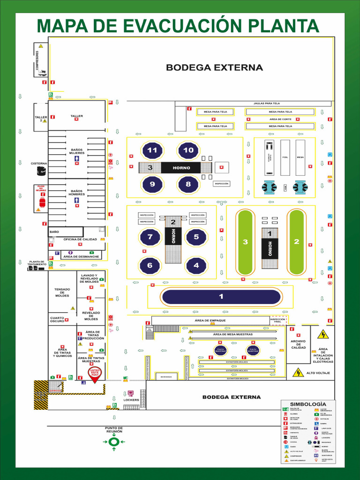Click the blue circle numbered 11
tap(152, 150)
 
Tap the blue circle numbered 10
tap(188, 150)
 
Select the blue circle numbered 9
tap(152, 184)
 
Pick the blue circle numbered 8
tap(188, 184)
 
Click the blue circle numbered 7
tap(150, 237)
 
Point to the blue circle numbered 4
tap(196, 265)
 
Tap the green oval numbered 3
tap(245, 242)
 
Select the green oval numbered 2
tap(296, 242)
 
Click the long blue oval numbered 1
tap(221, 297)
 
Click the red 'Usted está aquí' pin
tap(95, 374)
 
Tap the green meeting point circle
tap(114, 442)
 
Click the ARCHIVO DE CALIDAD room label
tap(299, 345)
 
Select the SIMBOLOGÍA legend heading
tap(307, 404)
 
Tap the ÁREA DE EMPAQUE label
tap(210, 321)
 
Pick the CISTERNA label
tap(39, 163)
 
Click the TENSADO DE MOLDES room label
tap(62, 292)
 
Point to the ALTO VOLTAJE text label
tap(318, 373)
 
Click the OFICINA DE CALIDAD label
tap(80, 239)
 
